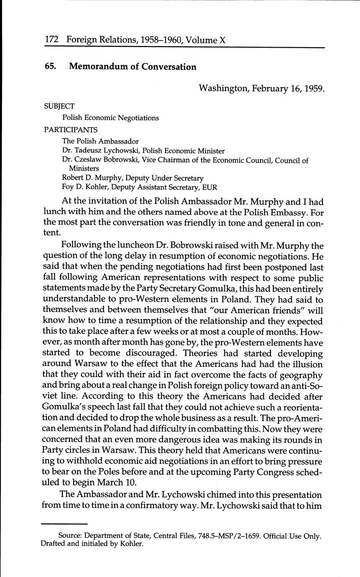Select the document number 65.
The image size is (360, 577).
(x=50, y=66)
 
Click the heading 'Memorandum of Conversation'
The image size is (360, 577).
(x=133, y=66)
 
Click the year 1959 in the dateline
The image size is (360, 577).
(x=314, y=89)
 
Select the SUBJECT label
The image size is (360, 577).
(x=59, y=106)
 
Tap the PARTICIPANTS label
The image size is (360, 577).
(x=71, y=130)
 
